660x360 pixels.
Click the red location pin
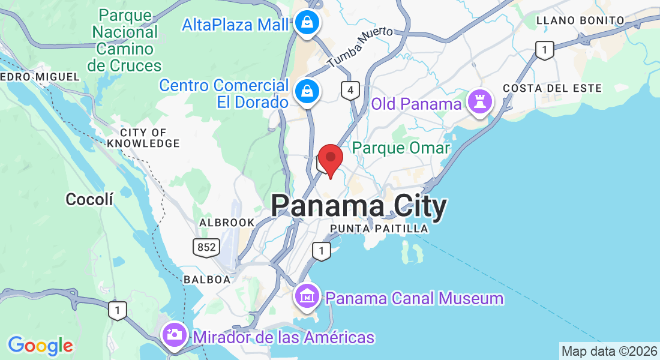coord(330,160)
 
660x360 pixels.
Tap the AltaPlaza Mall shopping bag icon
coord(307,23)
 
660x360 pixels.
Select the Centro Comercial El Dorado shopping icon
coord(307,91)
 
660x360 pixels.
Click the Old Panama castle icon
coord(480,101)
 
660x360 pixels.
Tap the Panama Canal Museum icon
coord(307,296)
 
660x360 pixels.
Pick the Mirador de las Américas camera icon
coord(175,335)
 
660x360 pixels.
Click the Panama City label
coord(359,206)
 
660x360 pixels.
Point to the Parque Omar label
coord(401,148)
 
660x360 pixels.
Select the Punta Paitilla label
coord(379,229)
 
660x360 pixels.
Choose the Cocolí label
coord(89,199)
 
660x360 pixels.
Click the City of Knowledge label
coord(143,138)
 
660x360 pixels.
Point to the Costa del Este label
coord(552,88)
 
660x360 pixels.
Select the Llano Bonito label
coord(580,20)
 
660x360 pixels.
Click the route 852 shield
coord(205,247)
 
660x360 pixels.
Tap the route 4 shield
coord(350,91)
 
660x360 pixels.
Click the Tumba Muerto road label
coord(360,46)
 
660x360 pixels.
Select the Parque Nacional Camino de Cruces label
coord(124,40)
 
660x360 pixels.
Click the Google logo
coord(40,345)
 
